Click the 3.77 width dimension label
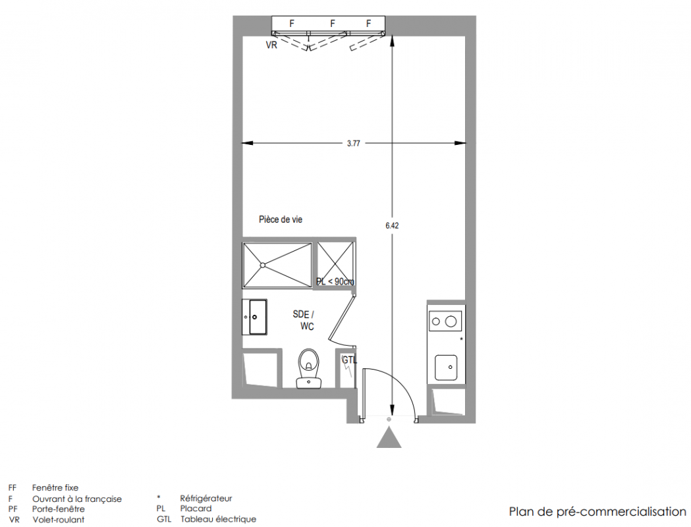(x=354, y=143)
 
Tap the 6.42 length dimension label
(x=392, y=225)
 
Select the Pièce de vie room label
(x=281, y=219)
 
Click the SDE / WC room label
(x=304, y=320)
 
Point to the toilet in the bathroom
(x=309, y=368)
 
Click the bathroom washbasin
(x=254, y=317)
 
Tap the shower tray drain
(x=263, y=265)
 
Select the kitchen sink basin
(x=446, y=368)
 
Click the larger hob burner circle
(x=451, y=321)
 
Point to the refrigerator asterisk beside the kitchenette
(x=461, y=339)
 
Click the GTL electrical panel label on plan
(x=350, y=360)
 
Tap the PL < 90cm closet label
(x=335, y=281)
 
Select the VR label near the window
(x=271, y=45)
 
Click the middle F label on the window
(x=333, y=24)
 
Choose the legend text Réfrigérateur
(x=206, y=499)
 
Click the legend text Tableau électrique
(x=218, y=520)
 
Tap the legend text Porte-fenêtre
(x=58, y=509)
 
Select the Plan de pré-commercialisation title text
(x=597, y=512)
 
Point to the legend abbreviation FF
(x=13, y=487)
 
